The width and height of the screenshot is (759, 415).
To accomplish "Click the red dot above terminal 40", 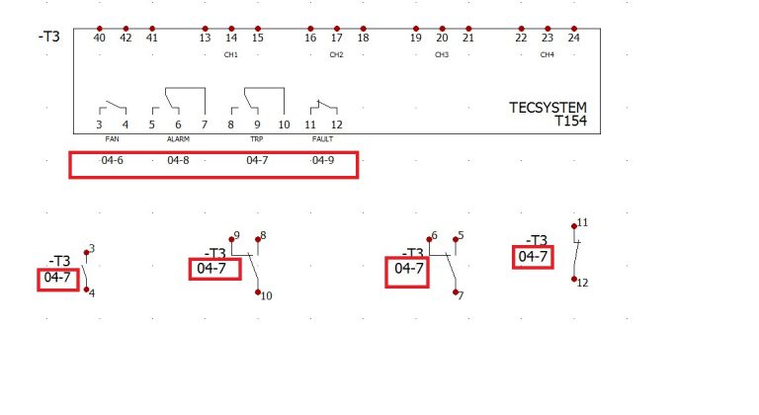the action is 99,29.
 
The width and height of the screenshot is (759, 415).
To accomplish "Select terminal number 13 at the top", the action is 205,38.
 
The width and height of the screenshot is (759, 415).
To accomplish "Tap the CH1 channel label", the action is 231,54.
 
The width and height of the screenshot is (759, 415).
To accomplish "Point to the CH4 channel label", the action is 547,54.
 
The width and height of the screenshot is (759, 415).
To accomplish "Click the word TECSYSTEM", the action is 548,108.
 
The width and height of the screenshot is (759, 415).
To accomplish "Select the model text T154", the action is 570,121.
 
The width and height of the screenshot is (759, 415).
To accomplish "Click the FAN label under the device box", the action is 112,139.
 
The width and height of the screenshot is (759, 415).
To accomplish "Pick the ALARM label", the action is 178,139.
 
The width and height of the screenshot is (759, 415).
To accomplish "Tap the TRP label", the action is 257,139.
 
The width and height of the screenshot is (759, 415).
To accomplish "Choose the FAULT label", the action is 322,139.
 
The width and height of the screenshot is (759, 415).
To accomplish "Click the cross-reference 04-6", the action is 112,160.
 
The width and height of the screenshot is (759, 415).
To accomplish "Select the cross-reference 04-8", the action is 178,160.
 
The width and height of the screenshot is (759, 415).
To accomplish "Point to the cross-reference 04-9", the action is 323,160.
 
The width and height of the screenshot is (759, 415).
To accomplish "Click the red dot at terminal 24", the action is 573,29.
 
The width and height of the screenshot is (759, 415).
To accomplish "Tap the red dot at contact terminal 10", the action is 258,292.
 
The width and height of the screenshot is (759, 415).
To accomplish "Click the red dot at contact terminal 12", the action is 574,279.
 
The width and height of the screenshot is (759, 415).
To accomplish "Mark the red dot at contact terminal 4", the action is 87,290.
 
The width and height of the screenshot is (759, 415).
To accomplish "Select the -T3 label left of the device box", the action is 48,37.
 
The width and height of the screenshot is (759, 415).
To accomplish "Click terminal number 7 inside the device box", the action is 205,124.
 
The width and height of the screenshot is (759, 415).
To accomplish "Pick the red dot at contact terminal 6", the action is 429,239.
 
